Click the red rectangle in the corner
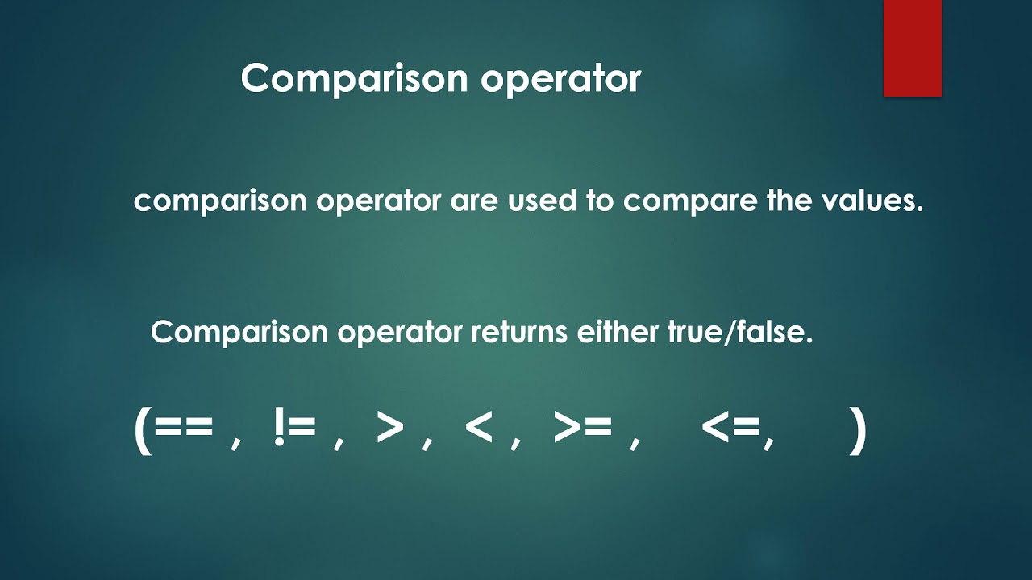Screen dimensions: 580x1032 912,48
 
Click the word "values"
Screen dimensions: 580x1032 872,201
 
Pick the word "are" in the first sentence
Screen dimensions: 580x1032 475,201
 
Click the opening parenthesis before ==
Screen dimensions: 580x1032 143,430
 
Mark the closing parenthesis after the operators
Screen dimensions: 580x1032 858,430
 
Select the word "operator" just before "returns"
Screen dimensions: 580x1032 399,333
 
